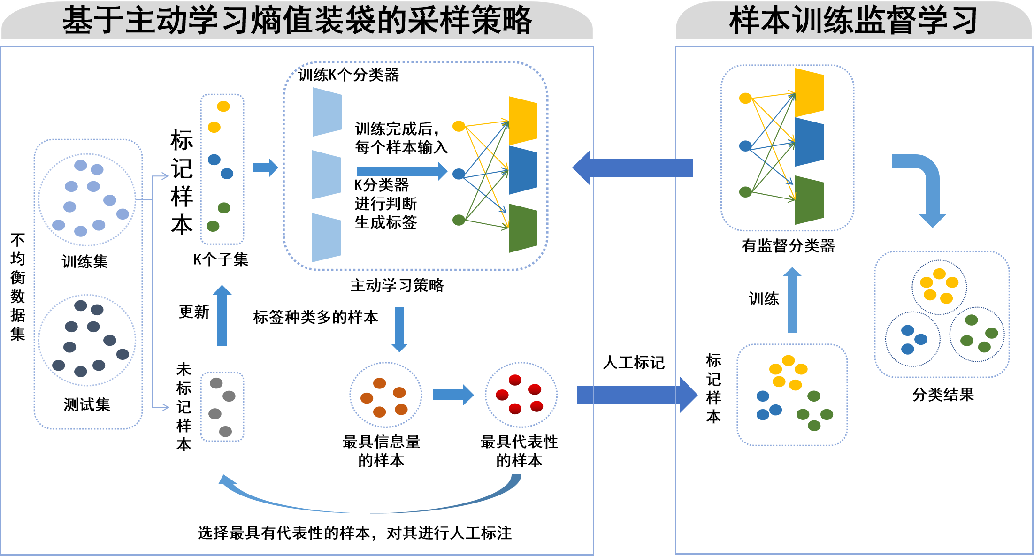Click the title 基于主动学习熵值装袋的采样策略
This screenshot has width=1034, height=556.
point(297,21)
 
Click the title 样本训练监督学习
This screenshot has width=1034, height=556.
point(853,21)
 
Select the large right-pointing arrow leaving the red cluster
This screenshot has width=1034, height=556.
point(636,395)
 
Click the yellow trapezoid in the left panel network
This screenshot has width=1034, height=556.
point(523,121)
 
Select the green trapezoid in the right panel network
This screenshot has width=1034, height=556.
point(809,200)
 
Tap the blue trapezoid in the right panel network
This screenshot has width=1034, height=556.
point(809,142)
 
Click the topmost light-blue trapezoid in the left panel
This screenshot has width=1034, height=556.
point(327,112)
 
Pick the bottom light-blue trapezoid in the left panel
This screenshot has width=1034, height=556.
point(327,238)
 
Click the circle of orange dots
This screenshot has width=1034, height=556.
point(385,395)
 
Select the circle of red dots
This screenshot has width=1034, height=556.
point(521,395)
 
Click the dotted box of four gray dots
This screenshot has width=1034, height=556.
point(222,407)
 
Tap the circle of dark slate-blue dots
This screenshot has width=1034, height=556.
point(87,340)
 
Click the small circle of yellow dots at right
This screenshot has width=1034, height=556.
point(939,287)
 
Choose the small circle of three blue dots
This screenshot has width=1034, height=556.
point(912,339)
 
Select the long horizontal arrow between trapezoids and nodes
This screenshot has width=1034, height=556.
point(402,171)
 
